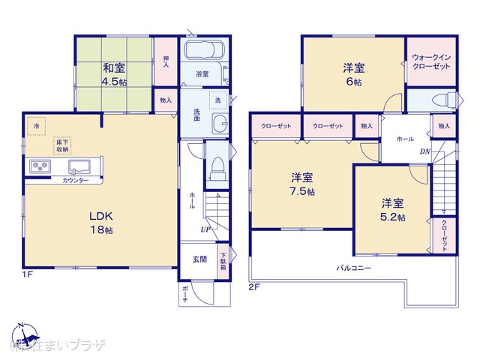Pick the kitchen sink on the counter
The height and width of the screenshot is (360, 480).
(79, 165)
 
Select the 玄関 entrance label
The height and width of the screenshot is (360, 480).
(200, 259)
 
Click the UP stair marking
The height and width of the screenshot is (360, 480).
(204, 229)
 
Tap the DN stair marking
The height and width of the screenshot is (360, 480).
(424, 151)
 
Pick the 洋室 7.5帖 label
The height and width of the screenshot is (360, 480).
(302, 184)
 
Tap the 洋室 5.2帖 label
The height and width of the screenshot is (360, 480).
(392, 209)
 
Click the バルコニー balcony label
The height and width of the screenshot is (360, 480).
(354, 267)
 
